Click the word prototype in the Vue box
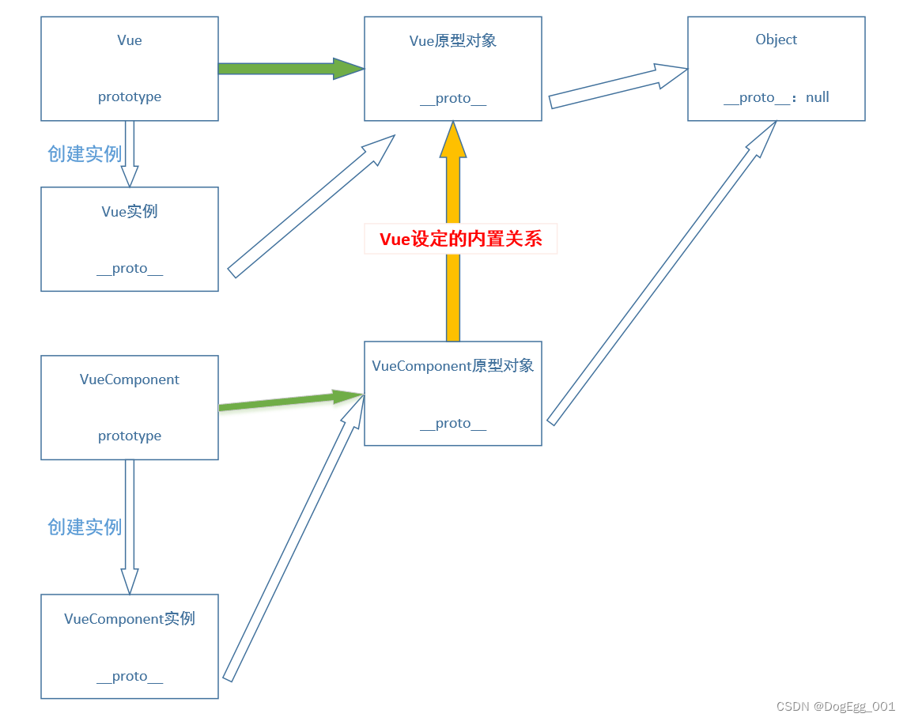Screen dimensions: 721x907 (130, 97)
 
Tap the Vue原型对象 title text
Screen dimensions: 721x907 (453, 41)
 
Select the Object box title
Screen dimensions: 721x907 (777, 40)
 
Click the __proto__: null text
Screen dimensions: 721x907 (777, 97)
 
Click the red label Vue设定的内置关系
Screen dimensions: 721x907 (461, 240)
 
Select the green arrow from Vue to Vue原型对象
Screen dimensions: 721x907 (289, 69)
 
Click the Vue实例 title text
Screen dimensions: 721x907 (130, 211)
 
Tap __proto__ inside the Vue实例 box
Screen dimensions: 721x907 (130, 269)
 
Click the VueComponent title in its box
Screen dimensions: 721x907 (130, 379)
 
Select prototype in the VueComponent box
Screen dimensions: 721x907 (130, 436)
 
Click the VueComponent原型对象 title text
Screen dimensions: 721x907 (453, 366)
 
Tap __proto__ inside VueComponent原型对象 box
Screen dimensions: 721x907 (453, 424)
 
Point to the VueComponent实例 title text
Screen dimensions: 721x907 (130, 619)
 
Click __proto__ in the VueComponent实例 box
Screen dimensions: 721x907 (130, 677)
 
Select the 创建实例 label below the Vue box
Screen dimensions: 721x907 (85, 154)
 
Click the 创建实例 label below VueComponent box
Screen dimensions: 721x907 (85, 527)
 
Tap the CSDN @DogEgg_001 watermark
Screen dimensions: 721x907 (835, 707)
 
